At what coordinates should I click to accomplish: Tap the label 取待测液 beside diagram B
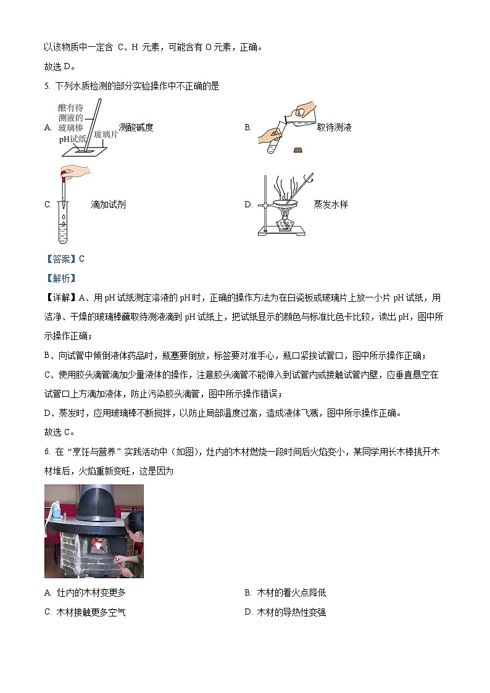tap(334, 128)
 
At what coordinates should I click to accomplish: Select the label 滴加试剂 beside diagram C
tap(108, 204)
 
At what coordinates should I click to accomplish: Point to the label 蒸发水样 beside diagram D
tap(330, 204)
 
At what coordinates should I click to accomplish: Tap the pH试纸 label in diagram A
tap(72, 139)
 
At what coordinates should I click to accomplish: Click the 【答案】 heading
tap(60, 259)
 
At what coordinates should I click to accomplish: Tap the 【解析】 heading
tap(60, 278)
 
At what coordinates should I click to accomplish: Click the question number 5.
tap(47, 86)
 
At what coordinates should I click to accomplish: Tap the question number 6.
tap(47, 452)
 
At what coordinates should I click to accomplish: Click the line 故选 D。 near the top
tap(60, 67)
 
